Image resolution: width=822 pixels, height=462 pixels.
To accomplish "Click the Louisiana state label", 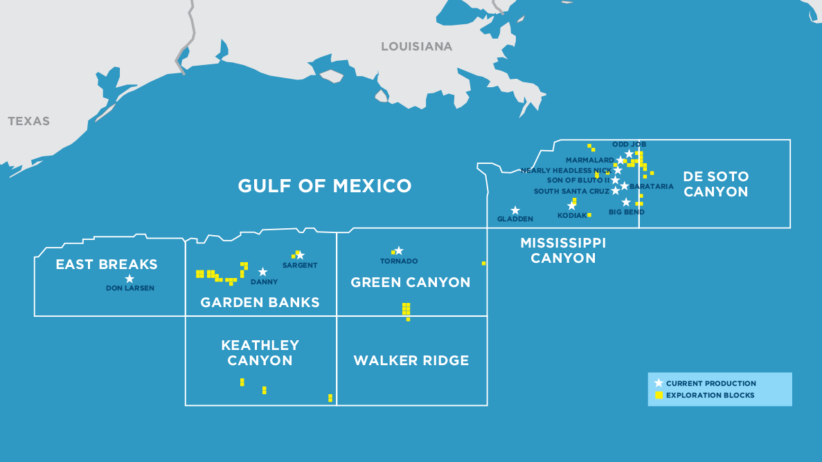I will [x=416, y=46].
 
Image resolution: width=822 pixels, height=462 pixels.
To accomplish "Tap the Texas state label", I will [x=29, y=121].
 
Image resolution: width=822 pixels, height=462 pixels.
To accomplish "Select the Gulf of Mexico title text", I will [x=325, y=186].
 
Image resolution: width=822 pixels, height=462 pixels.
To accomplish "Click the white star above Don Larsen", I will [x=129, y=279].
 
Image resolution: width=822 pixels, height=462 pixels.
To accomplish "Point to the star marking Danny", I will [x=263, y=272].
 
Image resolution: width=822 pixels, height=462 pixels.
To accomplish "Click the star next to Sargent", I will [x=300, y=255].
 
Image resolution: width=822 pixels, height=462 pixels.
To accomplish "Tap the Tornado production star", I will [x=399, y=250].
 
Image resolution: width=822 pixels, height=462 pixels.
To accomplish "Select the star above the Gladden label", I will [x=515, y=210].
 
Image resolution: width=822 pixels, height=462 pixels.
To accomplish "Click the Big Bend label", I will [x=626, y=212].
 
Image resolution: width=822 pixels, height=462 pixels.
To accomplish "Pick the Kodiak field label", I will [x=572, y=216].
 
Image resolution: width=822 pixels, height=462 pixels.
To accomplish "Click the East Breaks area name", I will [x=107, y=264].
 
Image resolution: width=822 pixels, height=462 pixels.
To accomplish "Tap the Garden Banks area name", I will [x=260, y=302].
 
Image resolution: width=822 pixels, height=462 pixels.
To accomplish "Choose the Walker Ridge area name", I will [x=411, y=360].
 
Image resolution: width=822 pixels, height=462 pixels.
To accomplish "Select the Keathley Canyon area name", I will [x=260, y=353].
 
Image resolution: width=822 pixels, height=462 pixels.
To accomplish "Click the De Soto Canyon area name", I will [x=715, y=184].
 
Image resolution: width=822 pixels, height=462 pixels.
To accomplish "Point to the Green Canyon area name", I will [x=411, y=282].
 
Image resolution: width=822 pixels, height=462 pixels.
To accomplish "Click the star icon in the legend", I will [x=659, y=383].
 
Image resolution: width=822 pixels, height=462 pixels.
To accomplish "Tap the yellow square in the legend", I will [x=659, y=395].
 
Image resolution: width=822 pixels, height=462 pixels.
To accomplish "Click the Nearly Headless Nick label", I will [x=566, y=170].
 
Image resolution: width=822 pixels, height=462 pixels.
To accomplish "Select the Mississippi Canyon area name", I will [x=563, y=250].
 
